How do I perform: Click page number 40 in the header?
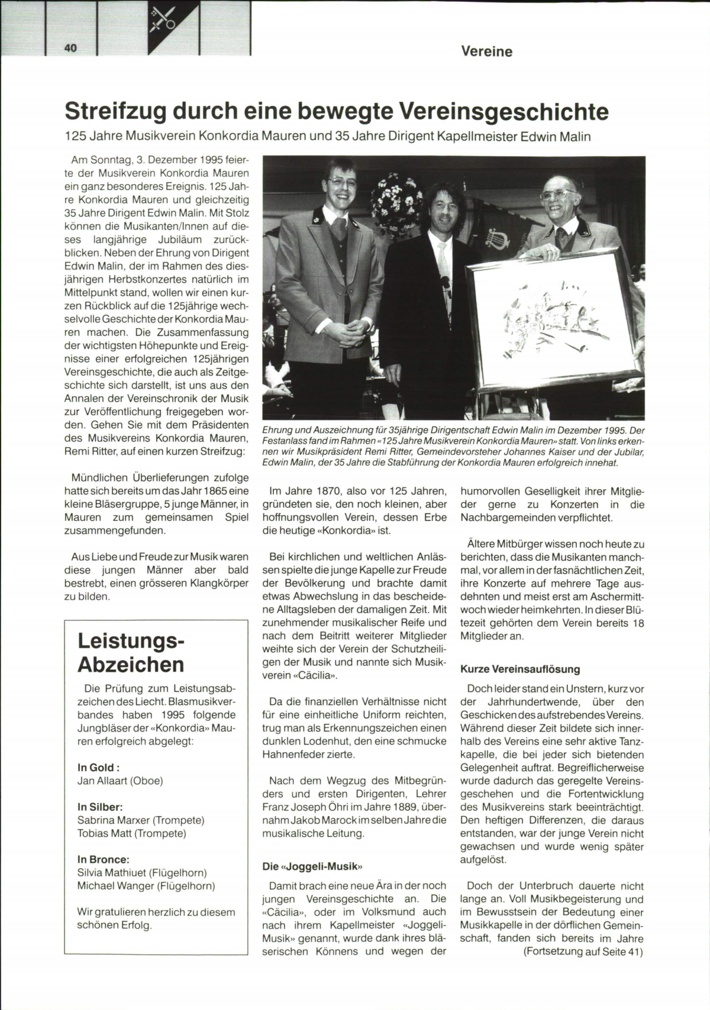pyautogui.click(x=70, y=49)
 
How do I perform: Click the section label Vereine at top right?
pyautogui.click(x=486, y=51)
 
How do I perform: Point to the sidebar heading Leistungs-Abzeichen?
pyautogui.click(x=131, y=652)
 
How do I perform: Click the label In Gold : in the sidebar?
pyautogui.click(x=98, y=768)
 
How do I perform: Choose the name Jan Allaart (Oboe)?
pyautogui.click(x=120, y=781)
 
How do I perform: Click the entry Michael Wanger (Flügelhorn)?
pyautogui.click(x=146, y=886)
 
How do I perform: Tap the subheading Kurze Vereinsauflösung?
pyautogui.click(x=520, y=669)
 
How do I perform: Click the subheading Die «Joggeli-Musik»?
pyautogui.click(x=312, y=866)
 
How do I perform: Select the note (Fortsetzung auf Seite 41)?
pyautogui.click(x=583, y=952)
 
